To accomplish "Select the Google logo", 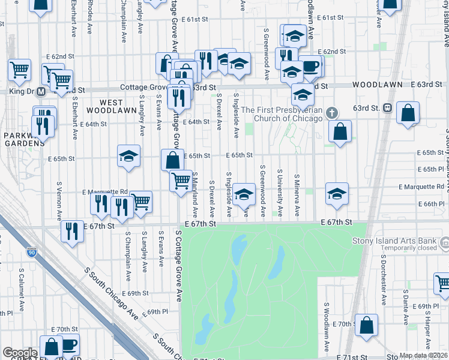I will (x=20, y=352).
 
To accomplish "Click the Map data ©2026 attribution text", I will (x=423, y=355).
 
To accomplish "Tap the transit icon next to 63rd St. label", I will (x=388, y=108).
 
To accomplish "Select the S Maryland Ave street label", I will (x=196, y=196).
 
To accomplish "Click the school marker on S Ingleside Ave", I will (x=244, y=194).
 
